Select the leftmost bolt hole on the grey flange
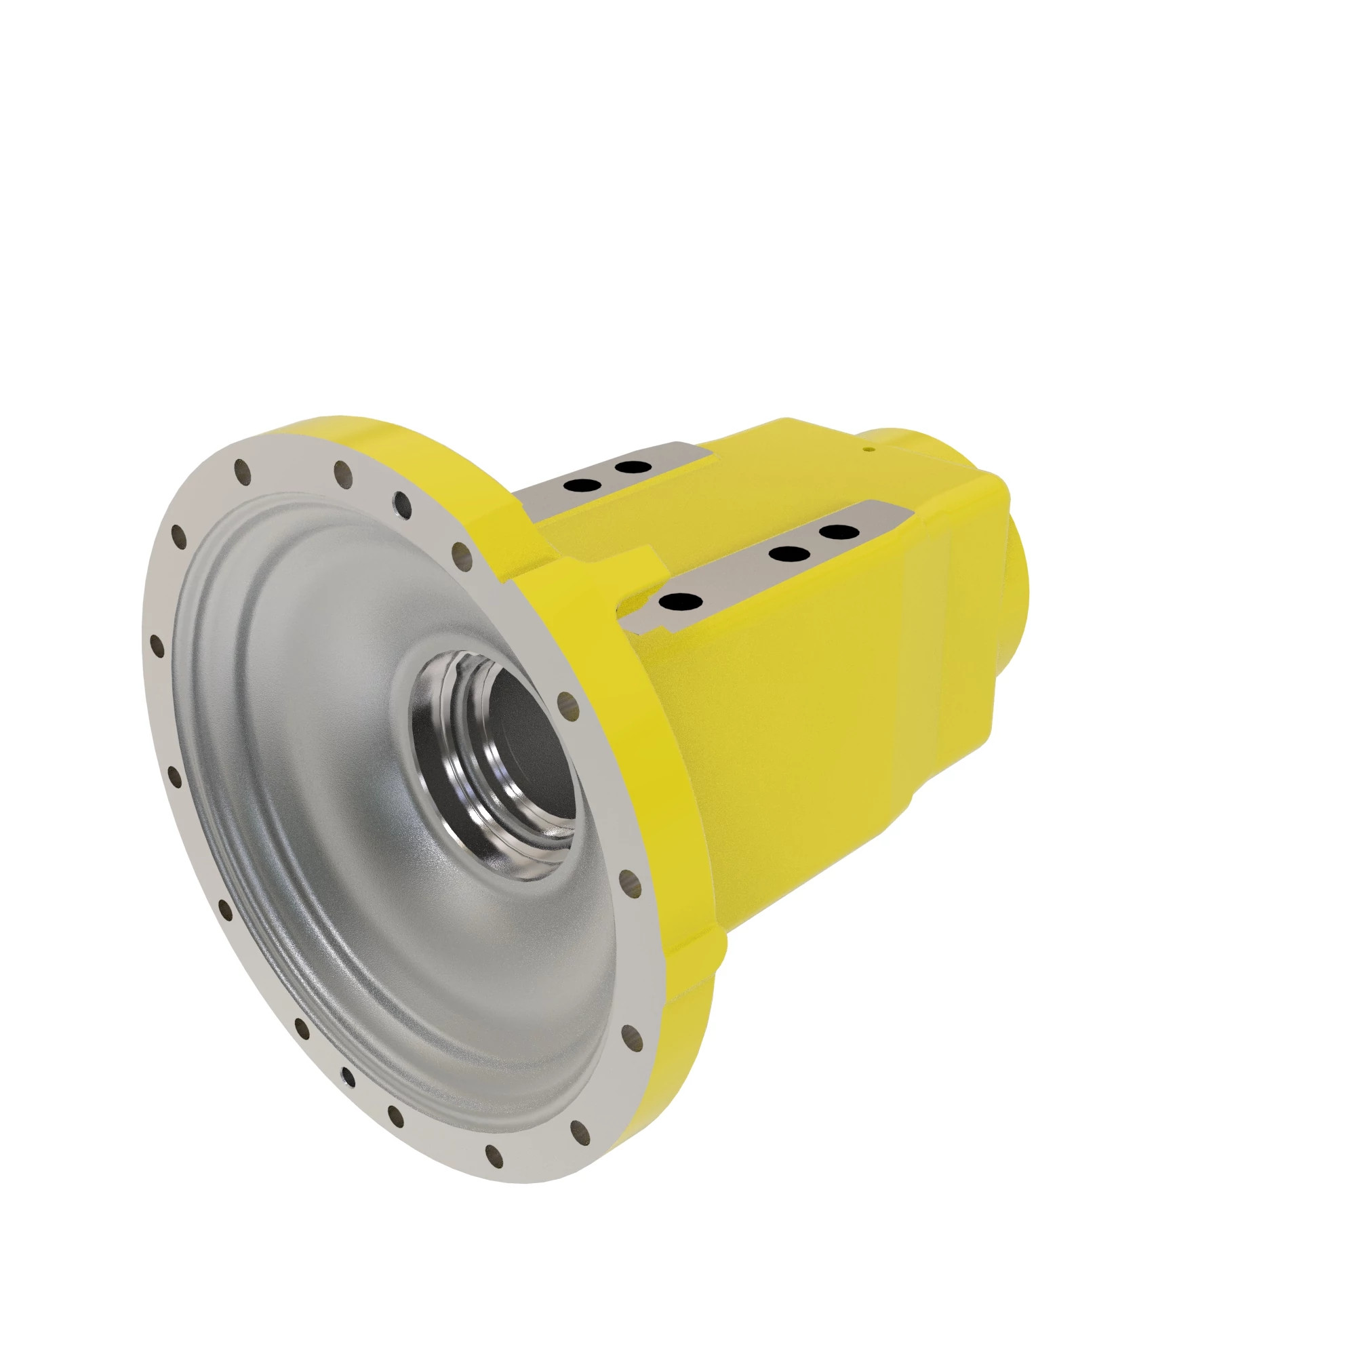click(x=159, y=644)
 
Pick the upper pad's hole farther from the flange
click(x=630, y=466)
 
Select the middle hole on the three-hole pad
click(x=786, y=554)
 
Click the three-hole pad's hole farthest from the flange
click(x=835, y=533)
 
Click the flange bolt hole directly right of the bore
click(x=565, y=700)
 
